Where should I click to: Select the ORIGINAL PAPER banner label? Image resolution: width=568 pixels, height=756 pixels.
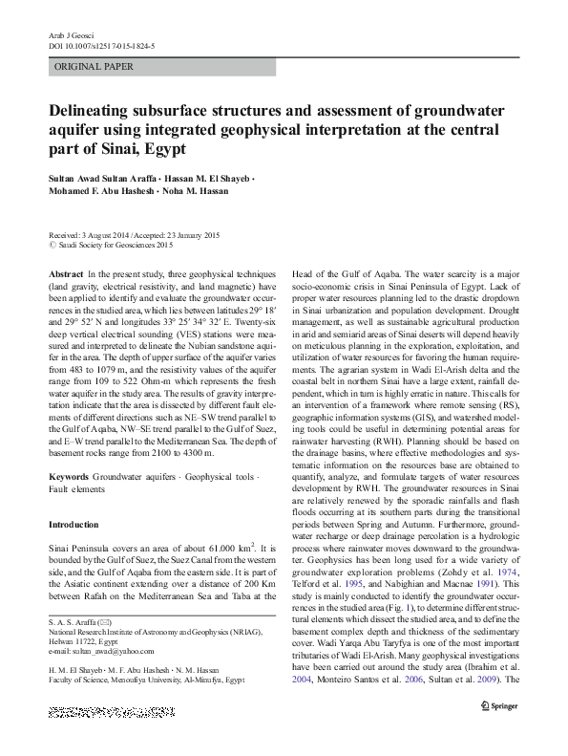coord(94,67)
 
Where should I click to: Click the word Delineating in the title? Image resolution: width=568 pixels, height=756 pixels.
coord(97,110)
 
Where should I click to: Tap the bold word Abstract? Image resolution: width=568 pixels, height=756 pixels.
coord(64,273)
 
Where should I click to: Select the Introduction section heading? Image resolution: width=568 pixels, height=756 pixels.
coord(73,525)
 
